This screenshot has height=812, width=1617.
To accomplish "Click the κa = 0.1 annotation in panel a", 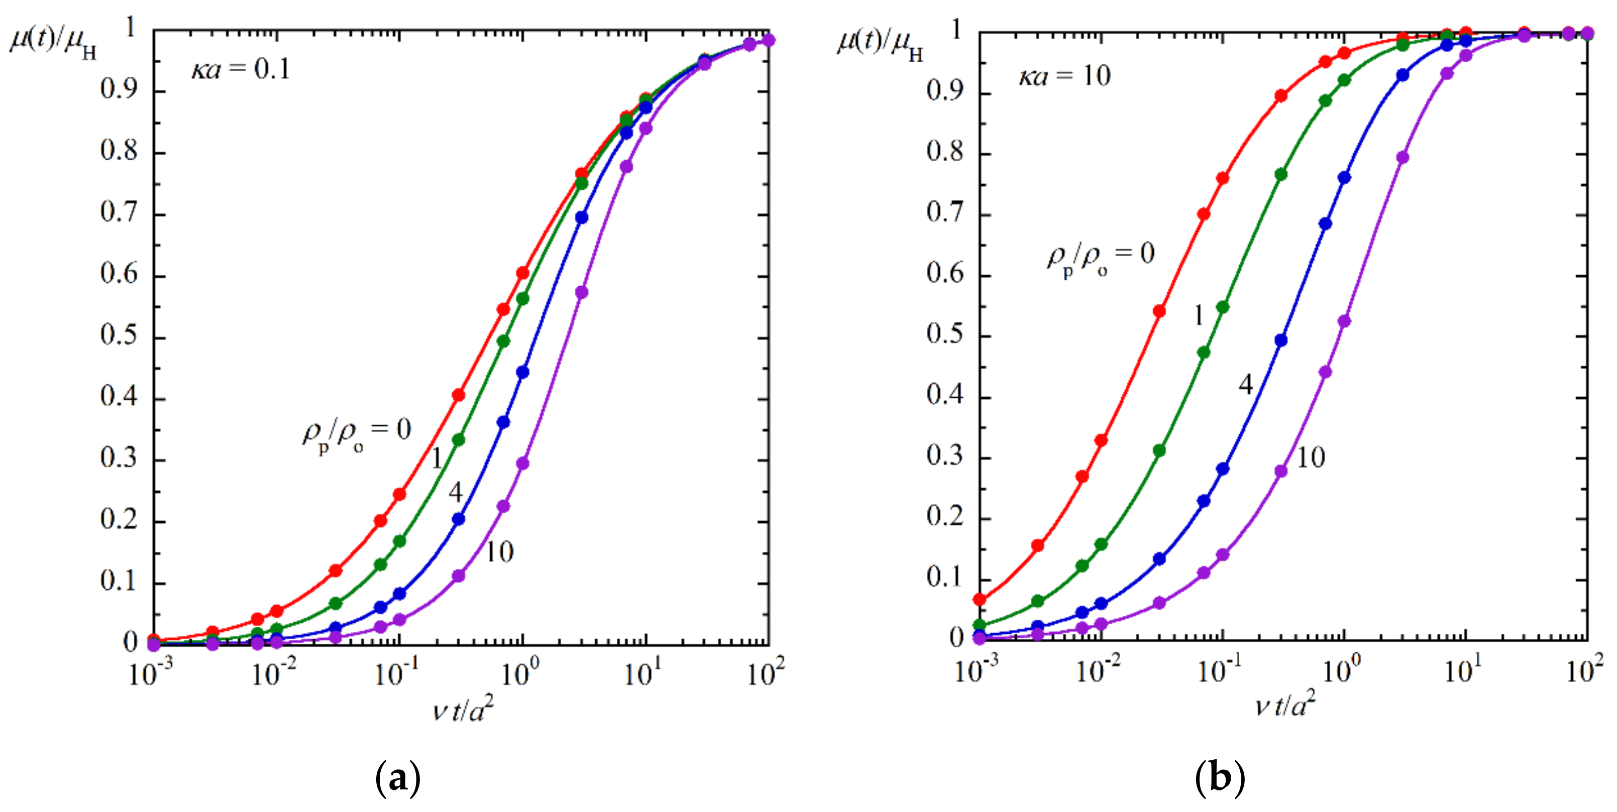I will (241, 69).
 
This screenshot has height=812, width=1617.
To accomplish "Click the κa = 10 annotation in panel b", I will (1064, 76).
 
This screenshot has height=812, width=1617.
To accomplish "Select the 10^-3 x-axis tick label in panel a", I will (151, 673).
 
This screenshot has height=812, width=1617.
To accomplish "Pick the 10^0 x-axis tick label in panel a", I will (520, 673).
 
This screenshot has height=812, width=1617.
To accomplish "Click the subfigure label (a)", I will (397, 779).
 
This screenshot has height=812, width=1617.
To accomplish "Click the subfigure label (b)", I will (1220, 779).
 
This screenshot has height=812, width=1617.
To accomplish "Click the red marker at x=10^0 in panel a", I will (522, 273).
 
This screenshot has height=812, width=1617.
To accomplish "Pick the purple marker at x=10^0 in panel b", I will (1344, 321).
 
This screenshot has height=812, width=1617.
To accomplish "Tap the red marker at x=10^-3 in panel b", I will (979, 599).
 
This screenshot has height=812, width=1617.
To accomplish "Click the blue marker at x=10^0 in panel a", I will (522, 372).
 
